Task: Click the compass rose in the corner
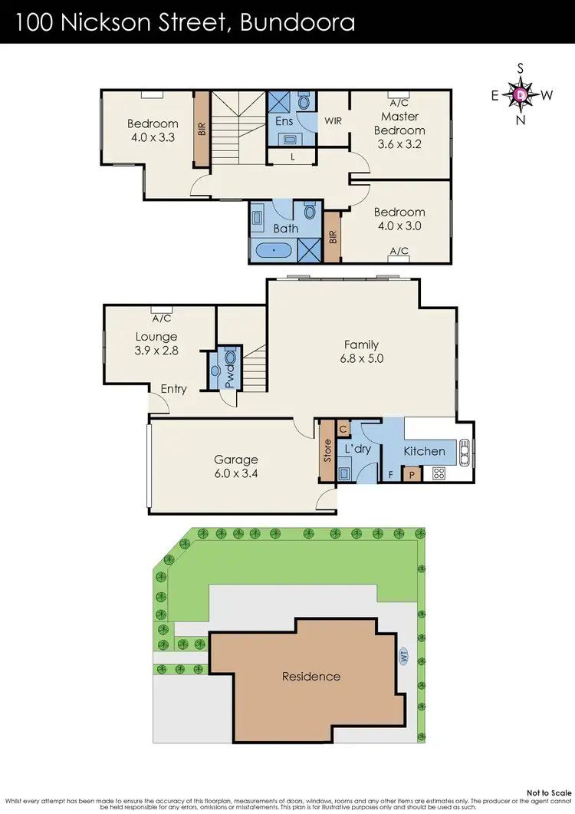coord(521,94)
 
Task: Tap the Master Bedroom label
coord(399,124)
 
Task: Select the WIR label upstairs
coord(333,120)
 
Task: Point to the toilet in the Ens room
coord(304,102)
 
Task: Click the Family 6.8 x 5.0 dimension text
coord(360,358)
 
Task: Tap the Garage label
coord(236,460)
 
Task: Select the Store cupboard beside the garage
coord(327,451)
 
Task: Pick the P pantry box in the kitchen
coord(412,475)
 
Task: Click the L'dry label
coord(357,448)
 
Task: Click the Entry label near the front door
coord(173,389)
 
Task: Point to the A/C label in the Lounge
coord(161,318)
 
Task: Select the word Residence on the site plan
coord(310,676)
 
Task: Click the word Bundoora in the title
coord(297,22)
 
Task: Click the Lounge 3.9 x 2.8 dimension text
coord(156,350)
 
